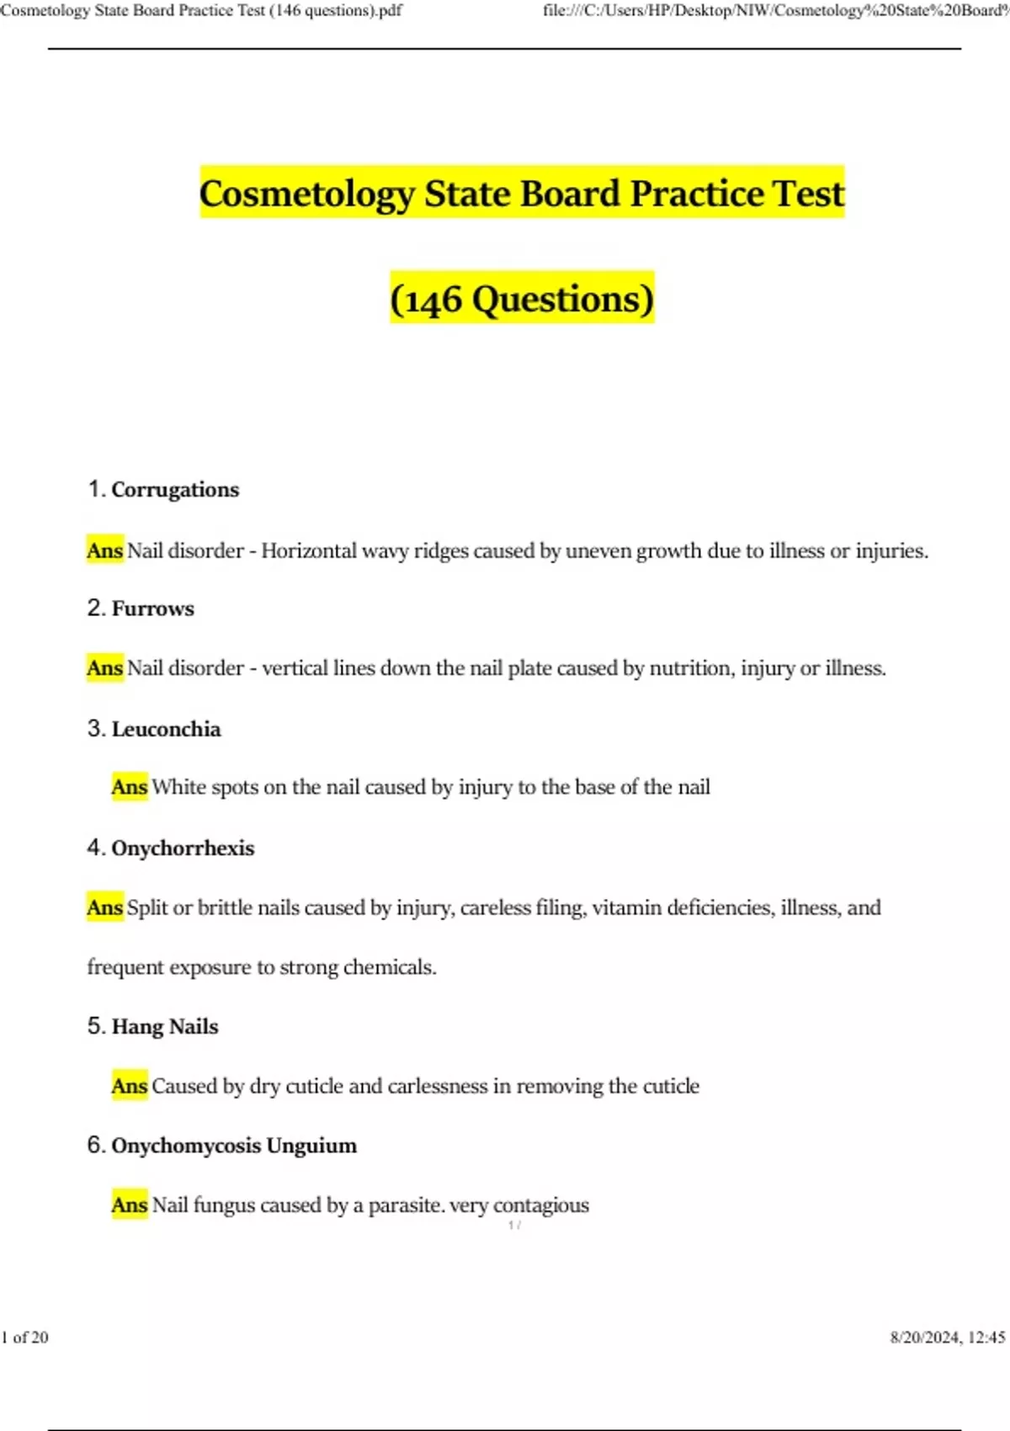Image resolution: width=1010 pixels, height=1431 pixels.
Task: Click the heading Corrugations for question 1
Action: point(174,489)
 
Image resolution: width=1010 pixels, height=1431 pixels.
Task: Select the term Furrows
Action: point(152,609)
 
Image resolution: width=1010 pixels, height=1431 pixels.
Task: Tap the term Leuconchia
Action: point(166,729)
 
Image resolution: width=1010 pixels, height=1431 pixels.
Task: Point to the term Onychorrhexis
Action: point(183,848)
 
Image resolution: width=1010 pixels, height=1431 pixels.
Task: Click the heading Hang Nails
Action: point(164,1026)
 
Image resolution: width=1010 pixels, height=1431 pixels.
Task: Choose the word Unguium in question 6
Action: point(311,1146)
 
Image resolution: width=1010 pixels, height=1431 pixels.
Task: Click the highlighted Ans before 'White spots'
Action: point(130,787)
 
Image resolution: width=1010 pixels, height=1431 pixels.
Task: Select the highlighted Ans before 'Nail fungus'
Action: point(130,1205)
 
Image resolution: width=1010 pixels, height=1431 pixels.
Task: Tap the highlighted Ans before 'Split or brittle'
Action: point(105,907)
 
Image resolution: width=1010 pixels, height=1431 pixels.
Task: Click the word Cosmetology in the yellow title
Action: point(307,194)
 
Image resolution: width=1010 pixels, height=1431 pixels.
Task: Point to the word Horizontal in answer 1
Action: point(309,551)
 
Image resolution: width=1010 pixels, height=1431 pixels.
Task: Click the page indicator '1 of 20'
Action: point(25,1338)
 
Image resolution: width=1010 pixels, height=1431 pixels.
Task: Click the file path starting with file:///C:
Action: point(774,11)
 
